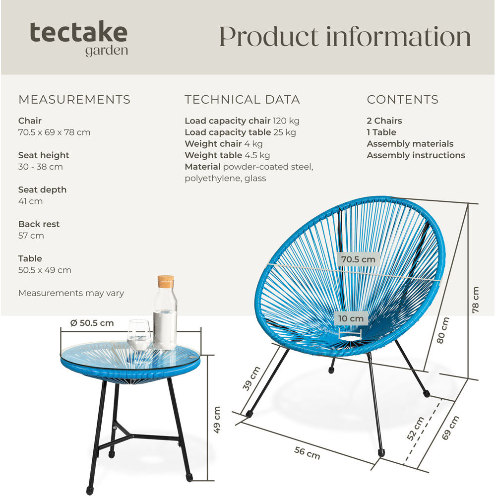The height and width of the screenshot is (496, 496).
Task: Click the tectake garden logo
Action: click(x=78, y=38)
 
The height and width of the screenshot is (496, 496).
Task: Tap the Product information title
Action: click(x=345, y=37)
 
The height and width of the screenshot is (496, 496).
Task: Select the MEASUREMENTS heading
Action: click(x=74, y=100)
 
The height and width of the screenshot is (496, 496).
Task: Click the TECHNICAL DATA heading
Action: click(x=242, y=100)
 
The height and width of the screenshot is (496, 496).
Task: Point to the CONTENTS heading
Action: click(x=402, y=100)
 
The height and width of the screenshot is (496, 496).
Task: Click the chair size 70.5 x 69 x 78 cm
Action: click(x=54, y=132)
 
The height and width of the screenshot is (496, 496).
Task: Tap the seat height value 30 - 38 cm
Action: click(x=41, y=167)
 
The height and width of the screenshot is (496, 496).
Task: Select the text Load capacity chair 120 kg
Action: click(x=242, y=121)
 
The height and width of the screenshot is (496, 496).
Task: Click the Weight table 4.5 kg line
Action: click(x=227, y=155)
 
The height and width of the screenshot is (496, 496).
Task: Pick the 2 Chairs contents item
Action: click(x=384, y=121)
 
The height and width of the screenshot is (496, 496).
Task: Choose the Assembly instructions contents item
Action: click(x=416, y=155)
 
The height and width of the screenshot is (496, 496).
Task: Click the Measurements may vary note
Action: click(x=71, y=293)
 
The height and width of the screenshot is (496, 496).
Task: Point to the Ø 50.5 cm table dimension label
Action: click(x=92, y=323)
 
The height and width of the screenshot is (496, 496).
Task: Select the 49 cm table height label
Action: click(x=217, y=420)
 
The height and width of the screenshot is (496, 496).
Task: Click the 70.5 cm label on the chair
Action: click(x=358, y=259)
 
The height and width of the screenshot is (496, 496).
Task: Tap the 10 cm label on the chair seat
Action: click(x=351, y=318)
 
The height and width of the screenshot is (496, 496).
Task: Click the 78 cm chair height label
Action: click(x=476, y=300)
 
